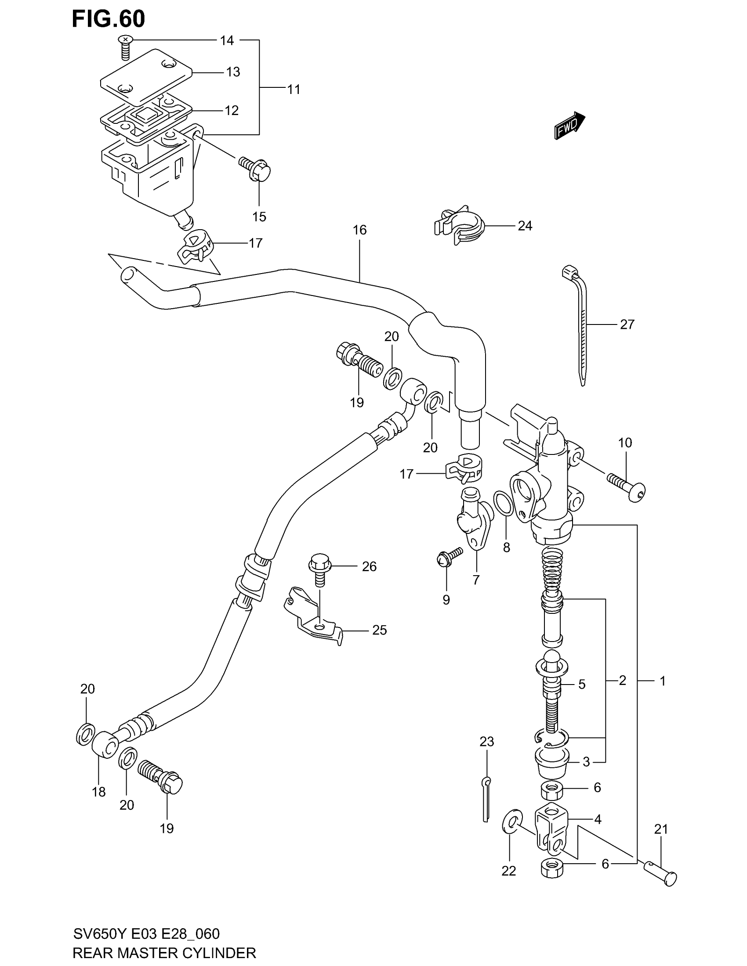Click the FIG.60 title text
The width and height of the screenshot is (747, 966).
[x=109, y=19]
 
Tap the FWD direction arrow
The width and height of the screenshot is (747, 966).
[x=569, y=126]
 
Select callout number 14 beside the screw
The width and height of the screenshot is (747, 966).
[x=227, y=41]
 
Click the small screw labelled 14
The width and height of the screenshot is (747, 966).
[x=125, y=47]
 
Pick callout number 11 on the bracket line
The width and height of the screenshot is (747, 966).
[x=294, y=89]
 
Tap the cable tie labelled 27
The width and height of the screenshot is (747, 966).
[x=580, y=323]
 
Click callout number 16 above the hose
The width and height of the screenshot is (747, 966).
[x=360, y=230]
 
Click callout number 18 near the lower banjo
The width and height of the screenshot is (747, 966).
[x=99, y=792]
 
